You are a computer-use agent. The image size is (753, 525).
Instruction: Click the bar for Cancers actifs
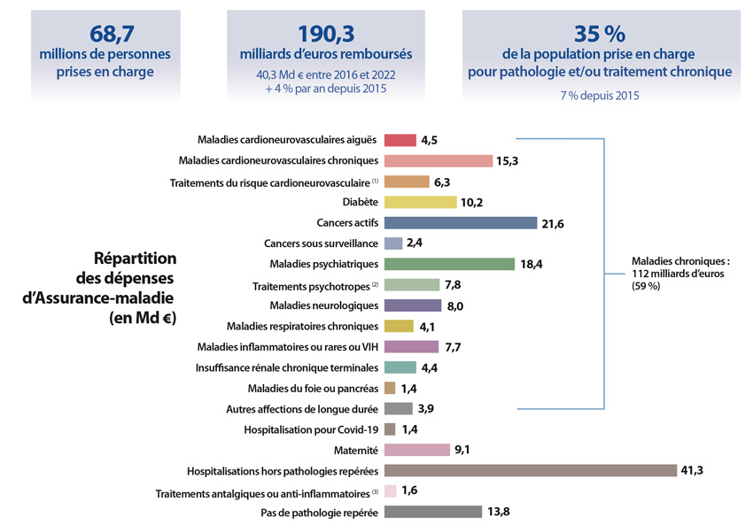point(460,223)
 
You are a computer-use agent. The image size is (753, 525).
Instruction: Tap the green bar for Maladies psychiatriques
point(448,264)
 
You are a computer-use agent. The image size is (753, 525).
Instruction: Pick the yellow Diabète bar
point(420,202)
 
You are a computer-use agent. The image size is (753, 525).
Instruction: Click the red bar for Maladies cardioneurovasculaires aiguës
point(400,140)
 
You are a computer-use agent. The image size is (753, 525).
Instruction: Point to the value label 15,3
point(508,161)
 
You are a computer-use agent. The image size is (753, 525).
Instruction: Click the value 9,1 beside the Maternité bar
point(463,450)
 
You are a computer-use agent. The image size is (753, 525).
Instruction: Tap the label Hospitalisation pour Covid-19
point(311,429)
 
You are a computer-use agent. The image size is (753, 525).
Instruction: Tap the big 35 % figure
point(600,34)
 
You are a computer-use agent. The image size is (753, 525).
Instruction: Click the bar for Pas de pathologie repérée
point(431,512)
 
